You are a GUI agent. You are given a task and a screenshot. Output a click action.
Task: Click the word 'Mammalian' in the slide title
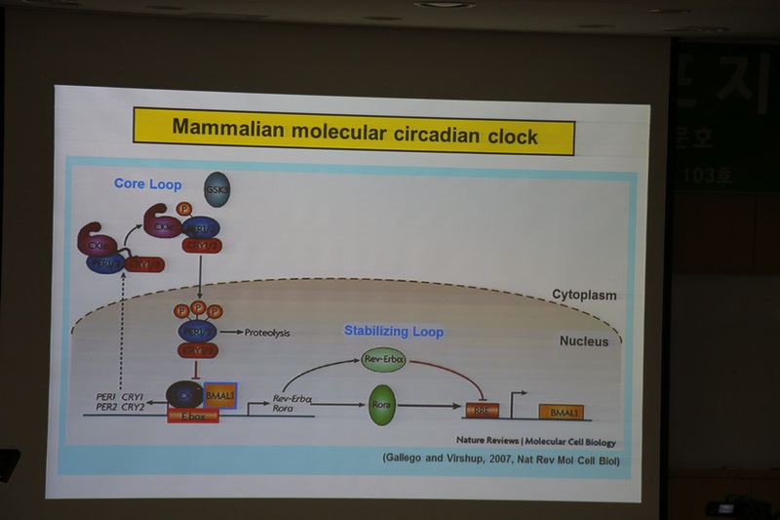[x=219, y=129]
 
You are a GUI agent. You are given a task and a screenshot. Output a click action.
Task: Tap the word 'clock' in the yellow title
[x=511, y=137]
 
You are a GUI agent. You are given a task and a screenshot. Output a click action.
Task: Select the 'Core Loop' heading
[x=148, y=183]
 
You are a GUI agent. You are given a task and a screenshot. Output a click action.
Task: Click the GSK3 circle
[x=216, y=189]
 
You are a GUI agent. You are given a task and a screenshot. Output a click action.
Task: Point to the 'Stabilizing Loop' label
[x=393, y=332]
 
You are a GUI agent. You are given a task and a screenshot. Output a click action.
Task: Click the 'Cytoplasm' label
[x=584, y=294]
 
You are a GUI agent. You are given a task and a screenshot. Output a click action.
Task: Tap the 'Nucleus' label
[x=584, y=340]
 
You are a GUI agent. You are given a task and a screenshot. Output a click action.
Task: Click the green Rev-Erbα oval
[x=382, y=360]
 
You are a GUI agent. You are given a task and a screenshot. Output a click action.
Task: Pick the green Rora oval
[x=381, y=404]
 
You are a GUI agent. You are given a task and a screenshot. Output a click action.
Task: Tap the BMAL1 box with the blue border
[x=220, y=395]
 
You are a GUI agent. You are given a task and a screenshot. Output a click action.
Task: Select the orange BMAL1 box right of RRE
[x=561, y=413]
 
